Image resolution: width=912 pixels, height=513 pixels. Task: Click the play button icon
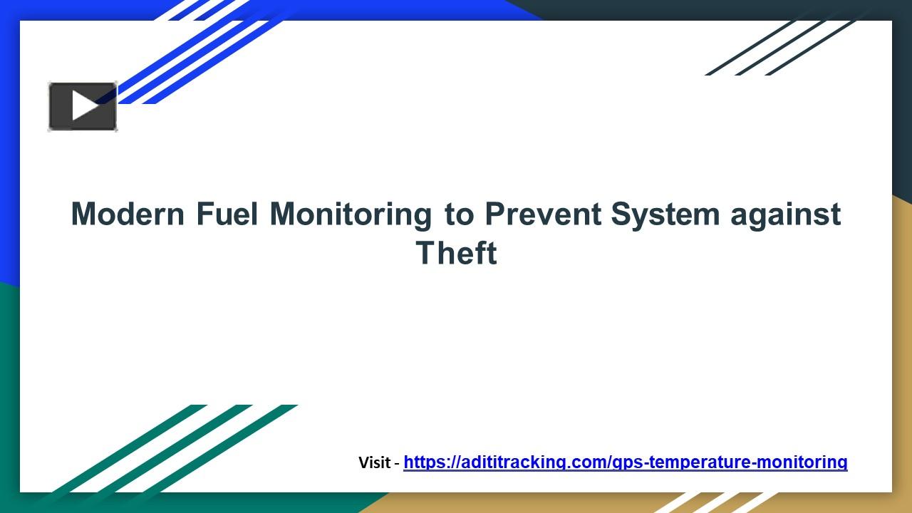coord(83,107)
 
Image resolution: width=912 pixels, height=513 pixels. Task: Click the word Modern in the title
coord(128,214)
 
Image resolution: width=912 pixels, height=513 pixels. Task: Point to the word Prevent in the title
coord(543,214)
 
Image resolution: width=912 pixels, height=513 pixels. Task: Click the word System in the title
coord(665,214)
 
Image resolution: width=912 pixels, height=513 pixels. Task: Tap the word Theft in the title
coord(456,254)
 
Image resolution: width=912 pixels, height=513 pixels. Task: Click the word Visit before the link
coord(374,462)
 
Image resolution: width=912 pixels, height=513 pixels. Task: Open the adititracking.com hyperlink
coord(625,462)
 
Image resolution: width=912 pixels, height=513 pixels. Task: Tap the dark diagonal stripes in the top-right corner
coord(784,46)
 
